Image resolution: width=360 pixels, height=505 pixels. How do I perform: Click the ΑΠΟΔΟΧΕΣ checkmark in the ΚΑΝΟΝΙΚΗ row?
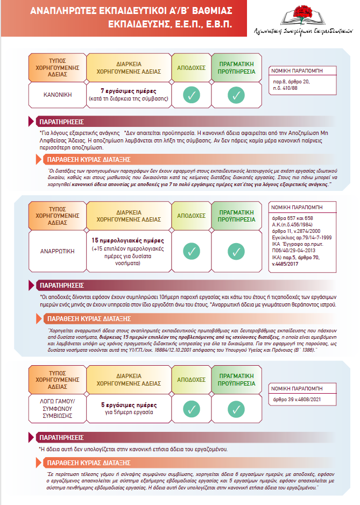point(191,95)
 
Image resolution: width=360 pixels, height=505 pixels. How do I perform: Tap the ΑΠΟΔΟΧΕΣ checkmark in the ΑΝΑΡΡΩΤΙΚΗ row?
point(191,251)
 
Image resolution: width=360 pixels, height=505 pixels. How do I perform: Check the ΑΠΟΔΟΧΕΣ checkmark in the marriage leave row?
point(191,409)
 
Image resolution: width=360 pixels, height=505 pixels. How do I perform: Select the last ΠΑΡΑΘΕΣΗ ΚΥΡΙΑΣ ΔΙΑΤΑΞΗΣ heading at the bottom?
point(88,463)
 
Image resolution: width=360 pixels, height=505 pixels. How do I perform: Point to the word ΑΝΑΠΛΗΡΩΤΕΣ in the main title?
point(62,10)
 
